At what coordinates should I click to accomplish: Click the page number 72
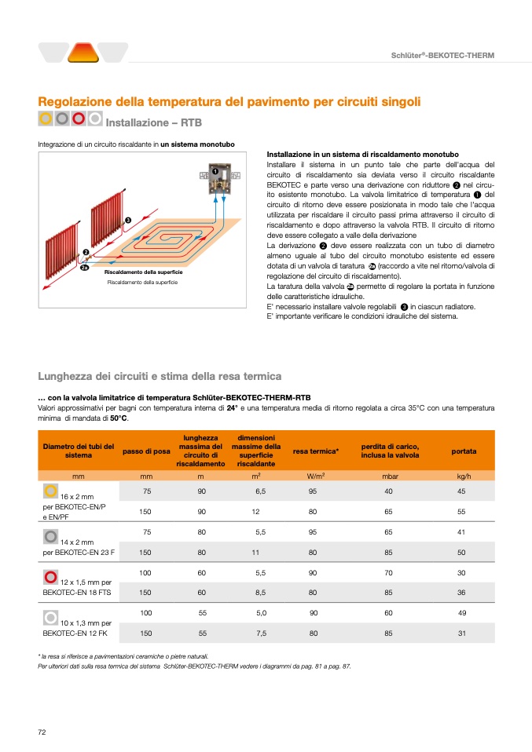42,732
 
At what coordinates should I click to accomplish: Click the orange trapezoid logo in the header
83,53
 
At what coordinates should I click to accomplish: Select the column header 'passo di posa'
146,451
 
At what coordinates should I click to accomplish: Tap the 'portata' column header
464,451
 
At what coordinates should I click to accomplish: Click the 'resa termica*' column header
315,451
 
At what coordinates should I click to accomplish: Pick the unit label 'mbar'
390,476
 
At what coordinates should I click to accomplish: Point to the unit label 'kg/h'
464,476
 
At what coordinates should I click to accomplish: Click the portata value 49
462,612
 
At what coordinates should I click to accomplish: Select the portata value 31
462,633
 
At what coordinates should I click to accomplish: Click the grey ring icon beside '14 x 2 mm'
50,536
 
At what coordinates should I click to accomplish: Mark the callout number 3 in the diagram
127,219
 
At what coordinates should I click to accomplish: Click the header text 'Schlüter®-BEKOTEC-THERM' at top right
442,54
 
